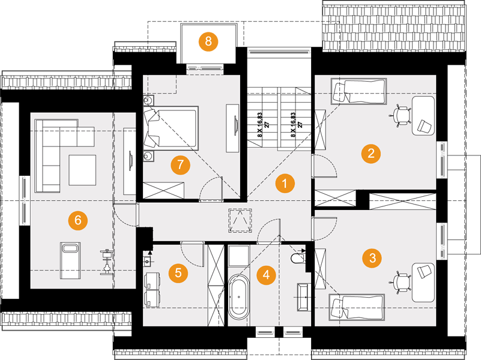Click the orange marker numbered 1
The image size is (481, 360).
pos(285,184)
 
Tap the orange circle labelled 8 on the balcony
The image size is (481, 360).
pos(208,41)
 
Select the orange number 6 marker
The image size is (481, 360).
pos(78,220)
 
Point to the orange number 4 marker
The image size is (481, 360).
pos(266,275)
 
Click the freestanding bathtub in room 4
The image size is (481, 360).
pos(239,297)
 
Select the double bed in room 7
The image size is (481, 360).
pos(171,128)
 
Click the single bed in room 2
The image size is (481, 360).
pos(358,91)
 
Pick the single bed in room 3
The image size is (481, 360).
pos(357,307)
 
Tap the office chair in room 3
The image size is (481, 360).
pos(401,282)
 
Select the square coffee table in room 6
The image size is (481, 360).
pos(82,170)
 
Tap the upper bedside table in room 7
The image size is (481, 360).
pos(148,100)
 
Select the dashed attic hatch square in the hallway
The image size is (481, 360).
pos(240,221)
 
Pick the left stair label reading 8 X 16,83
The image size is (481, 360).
pos(259,124)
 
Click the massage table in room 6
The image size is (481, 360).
pos(70,260)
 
